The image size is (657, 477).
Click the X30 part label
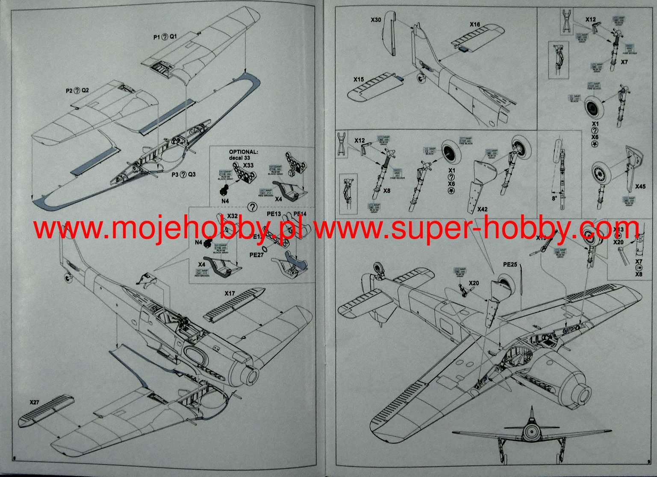tap(376, 20)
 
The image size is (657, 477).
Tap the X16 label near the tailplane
tap(474, 24)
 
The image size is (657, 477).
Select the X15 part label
tap(359, 79)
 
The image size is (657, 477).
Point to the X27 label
tap(35, 402)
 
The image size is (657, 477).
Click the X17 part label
tap(230, 293)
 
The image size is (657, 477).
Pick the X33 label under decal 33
tap(248, 165)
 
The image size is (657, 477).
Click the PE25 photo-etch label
tap(510, 264)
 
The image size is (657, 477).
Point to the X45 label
tap(640, 187)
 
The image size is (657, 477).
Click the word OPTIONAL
tap(244, 152)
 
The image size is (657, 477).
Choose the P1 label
tap(157, 37)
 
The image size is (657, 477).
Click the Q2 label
tap(85, 91)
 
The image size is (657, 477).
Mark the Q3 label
tap(192, 174)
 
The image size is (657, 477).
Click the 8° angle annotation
tap(554, 198)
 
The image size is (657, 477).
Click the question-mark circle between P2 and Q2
tap(77, 91)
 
